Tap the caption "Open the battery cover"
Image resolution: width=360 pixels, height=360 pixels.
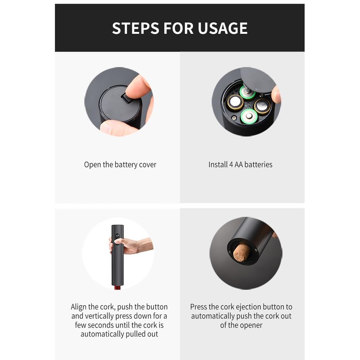pos(120,165)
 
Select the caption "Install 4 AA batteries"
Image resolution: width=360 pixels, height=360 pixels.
pos(240,165)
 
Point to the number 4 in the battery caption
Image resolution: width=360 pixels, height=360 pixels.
pos(230,165)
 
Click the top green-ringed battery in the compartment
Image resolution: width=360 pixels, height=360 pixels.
pos(247,91)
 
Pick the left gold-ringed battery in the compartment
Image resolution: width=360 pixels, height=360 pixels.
pos(235,103)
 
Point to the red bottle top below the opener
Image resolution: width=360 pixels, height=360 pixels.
pos(117,286)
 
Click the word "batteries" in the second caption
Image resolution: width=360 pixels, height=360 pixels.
pos(258,165)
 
